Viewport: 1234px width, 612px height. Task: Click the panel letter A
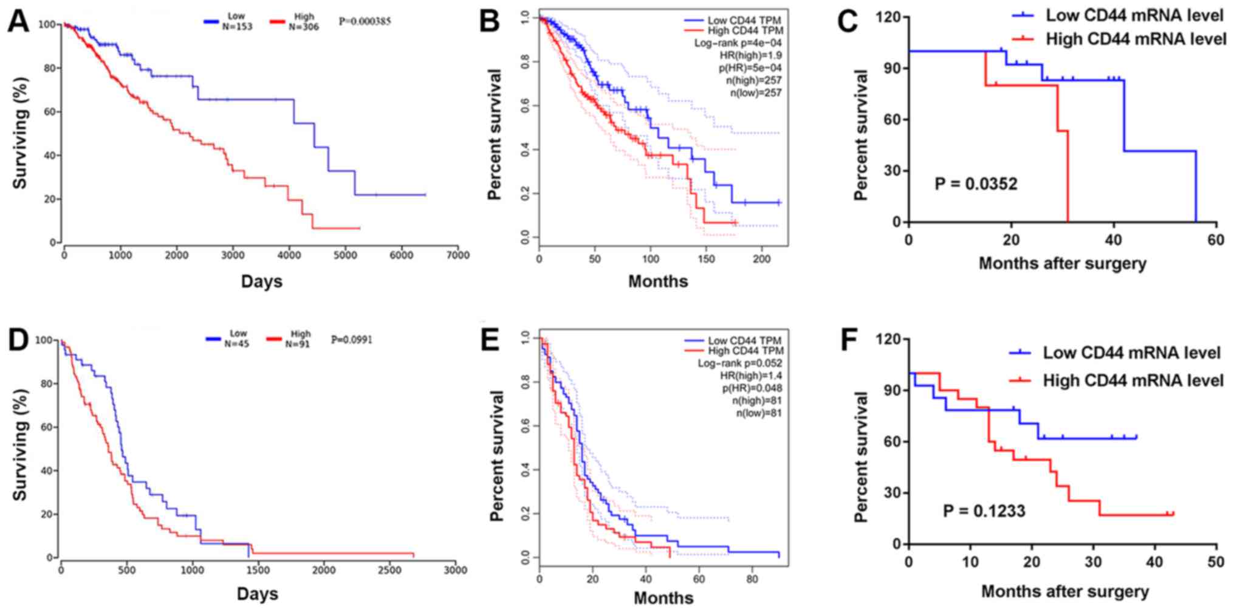coord(18,22)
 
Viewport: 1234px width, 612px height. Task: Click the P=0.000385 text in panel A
coord(365,21)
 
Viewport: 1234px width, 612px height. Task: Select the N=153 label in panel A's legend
coord(236,27)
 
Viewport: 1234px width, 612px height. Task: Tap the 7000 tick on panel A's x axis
coord(457,256)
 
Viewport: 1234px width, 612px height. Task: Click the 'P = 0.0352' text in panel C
coord(975,183)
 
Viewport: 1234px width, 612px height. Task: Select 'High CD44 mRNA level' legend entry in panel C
coord(1136,40)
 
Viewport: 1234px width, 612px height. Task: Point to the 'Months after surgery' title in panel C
coord(1062,263)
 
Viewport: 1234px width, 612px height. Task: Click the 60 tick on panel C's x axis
coord(1216,240)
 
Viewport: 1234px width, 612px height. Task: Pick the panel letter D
coord(18,340)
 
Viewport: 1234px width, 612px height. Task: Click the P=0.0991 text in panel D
coord(352,339)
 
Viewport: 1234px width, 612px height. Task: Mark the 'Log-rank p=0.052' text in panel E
coord(739,363)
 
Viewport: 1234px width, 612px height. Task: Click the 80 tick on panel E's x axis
coord(752,580)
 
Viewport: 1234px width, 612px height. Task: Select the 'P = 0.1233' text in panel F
coord(984,511)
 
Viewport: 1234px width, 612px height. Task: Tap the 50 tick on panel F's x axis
coord(1216,562)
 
